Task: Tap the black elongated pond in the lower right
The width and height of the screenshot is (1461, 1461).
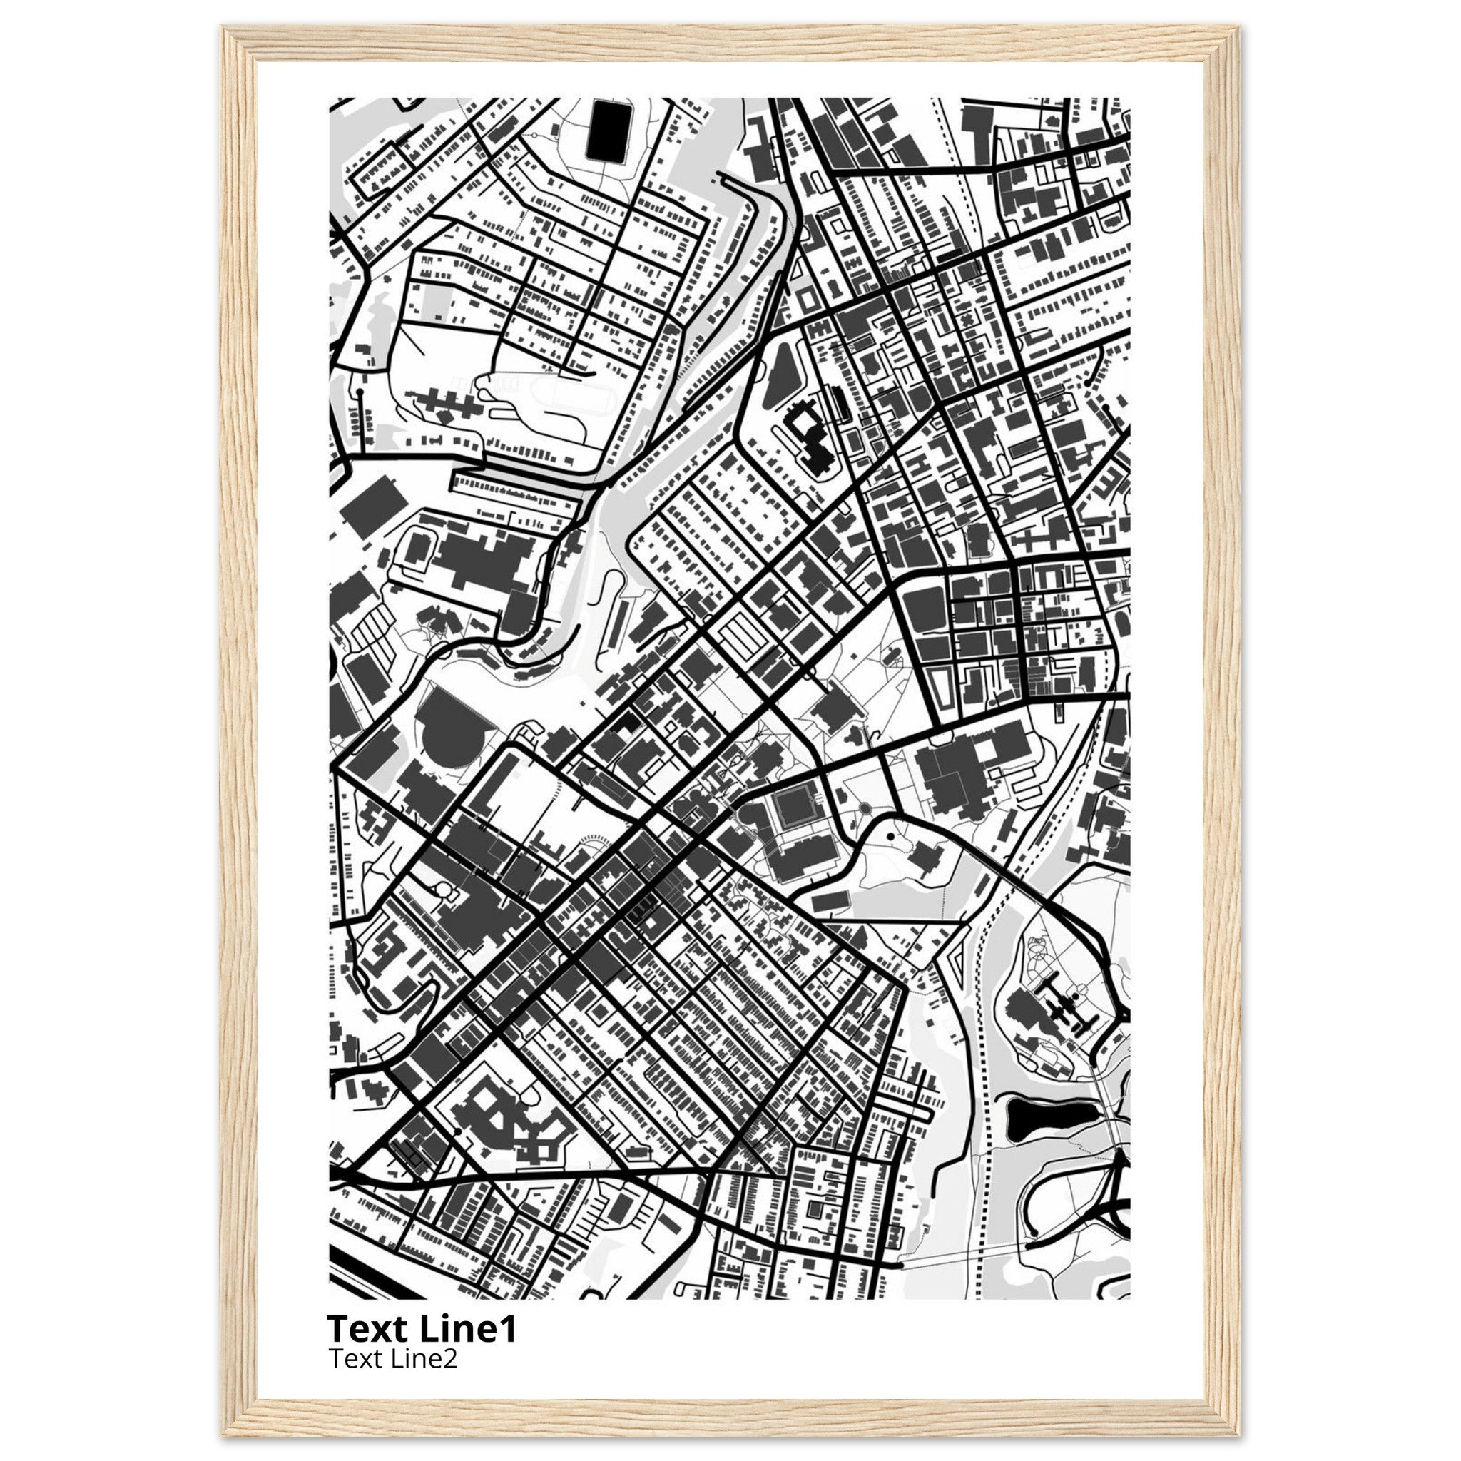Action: tap(1050, 1121)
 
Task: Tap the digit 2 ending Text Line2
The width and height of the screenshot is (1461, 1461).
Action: tap(451, 1360)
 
